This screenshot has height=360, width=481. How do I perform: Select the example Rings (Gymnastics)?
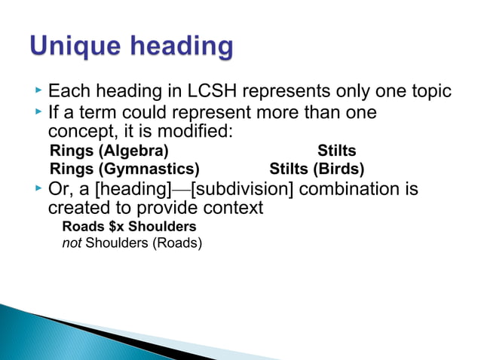(124, 168)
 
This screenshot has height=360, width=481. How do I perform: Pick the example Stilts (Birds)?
(317, 168)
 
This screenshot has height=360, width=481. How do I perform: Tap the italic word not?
(71, 243)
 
